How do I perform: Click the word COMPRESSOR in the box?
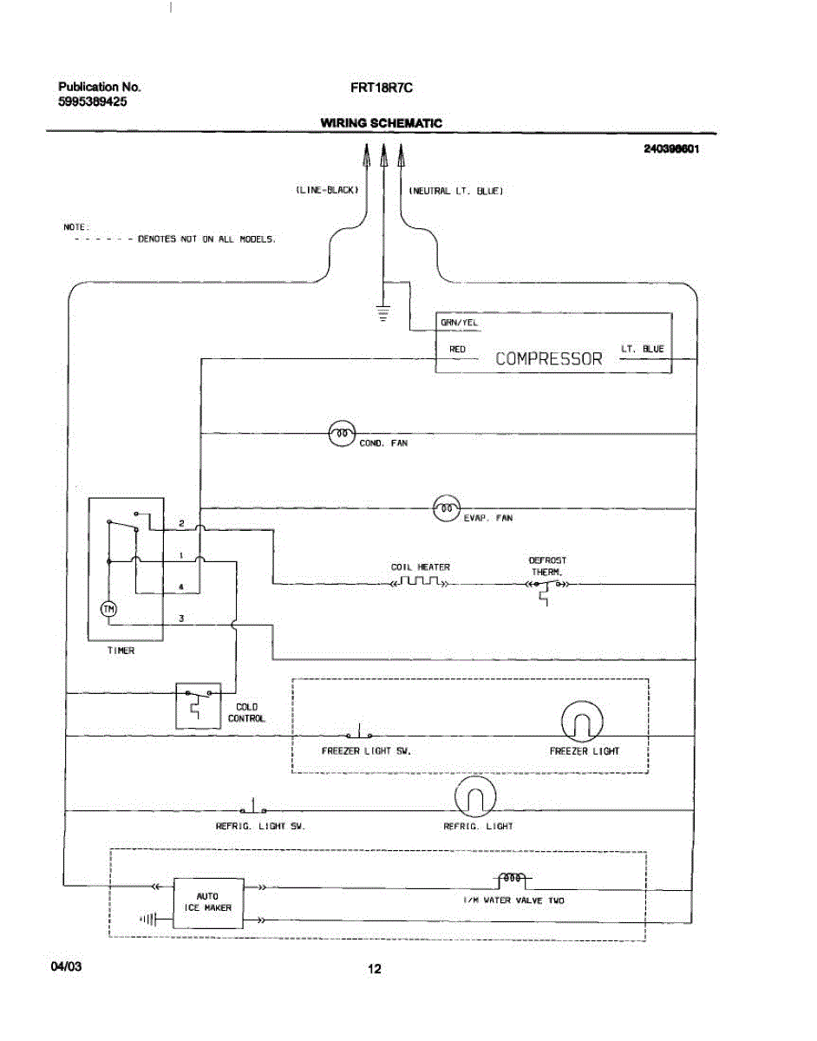point(548,359)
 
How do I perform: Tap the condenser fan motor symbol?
point(342,434)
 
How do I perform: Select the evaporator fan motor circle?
point(447,508)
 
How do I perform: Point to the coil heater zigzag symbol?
point(420,582)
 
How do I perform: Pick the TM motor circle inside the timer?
point(108,609)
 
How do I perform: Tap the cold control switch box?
point(199,705)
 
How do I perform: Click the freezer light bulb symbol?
point(582,722)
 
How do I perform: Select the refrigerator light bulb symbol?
point(475,796)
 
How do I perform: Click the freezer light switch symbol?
point(359,732)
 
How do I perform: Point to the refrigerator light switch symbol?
point(253,807)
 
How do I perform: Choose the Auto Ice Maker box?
point(208,903)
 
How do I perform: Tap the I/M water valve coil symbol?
point(512,878)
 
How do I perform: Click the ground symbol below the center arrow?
point(383,313)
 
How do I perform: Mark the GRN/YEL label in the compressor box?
point(459,323)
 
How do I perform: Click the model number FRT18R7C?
point(382,88)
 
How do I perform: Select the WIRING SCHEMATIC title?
point(382,123)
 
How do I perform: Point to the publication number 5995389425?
point(93,101)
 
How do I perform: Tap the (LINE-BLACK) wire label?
point(327,190)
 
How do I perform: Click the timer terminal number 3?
point(181,619)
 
